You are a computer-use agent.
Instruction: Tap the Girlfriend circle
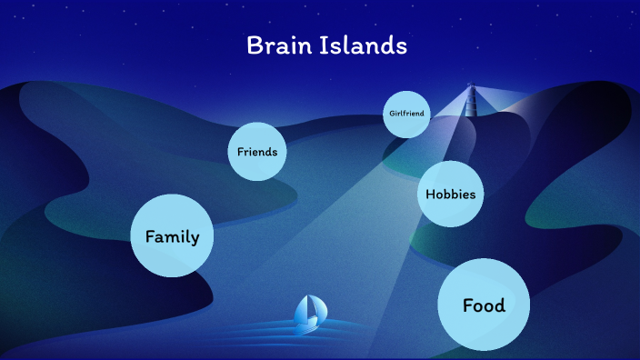tap(405, 114)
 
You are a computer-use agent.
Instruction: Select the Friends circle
tap(256, 152)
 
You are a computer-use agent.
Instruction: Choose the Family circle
tap(172, 236)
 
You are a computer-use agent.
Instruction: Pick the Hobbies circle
tap(451, 194)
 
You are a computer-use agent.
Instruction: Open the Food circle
tap(484, 305)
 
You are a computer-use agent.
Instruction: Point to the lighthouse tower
tap(471, 102)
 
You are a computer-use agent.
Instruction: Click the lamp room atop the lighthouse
tap(471, 89)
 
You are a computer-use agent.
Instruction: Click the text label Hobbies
tap(451, 194)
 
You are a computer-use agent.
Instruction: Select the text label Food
tap(484, 305)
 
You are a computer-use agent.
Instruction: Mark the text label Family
tap(172, 236)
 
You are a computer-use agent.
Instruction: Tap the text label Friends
tap(256, 152)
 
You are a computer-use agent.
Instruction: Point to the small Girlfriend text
tap(405, 114)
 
